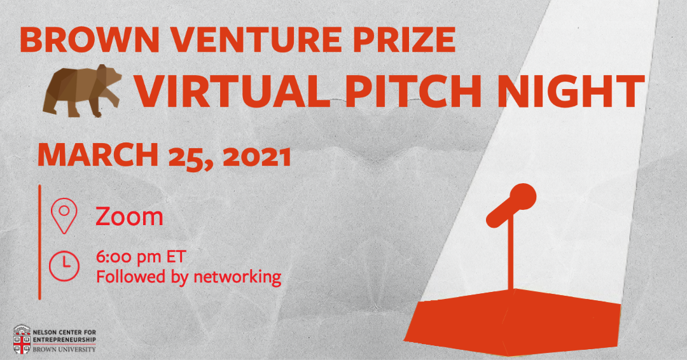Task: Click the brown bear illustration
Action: (x=82, y=91)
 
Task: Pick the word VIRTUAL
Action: (x=232, y=91)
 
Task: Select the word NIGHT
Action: (x=570, y=91)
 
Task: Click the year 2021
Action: (x=257, y=156)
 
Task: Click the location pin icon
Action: (x=64, y=216)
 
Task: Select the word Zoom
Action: (x=129, y=216)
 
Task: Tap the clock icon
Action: (x=64, y=266)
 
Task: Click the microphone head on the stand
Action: (x=522, y=196)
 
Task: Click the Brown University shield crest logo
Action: (x=22, y=340)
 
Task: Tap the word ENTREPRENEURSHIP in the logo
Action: (x=64, y=340)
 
